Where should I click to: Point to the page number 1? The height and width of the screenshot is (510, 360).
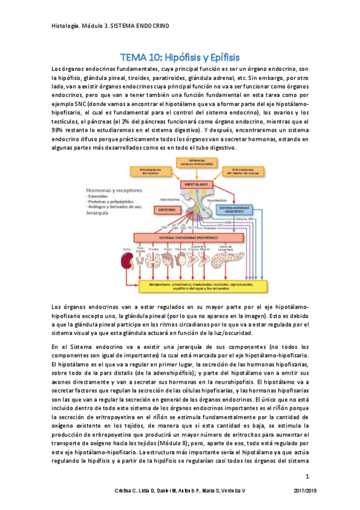point(307,477)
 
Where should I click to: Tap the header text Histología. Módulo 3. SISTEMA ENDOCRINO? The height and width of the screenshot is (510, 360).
point(111,26)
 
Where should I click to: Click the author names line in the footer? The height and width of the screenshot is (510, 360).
point(174,492)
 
